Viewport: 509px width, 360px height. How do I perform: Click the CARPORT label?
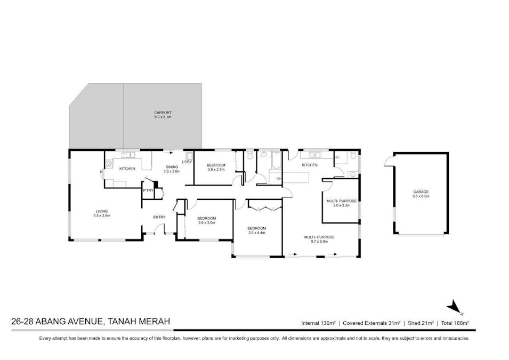[163, 113]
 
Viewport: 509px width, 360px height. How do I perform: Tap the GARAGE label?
[421, 192]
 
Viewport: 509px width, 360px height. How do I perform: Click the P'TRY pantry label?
[148, 190]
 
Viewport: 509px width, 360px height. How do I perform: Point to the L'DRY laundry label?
[187, 162]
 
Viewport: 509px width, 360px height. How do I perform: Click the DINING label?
[172, 167]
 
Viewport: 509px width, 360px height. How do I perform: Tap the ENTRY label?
[159, 217]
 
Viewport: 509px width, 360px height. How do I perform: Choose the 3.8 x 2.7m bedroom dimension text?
[216, 169]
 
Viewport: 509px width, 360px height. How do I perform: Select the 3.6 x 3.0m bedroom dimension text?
[206, 222]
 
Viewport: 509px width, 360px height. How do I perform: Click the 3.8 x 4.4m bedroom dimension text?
[256, 233]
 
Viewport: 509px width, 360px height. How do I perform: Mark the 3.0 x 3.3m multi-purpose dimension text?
[341, 205]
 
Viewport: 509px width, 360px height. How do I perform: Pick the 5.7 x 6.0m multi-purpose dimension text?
[319, 241]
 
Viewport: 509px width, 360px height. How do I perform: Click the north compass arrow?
[454, 306]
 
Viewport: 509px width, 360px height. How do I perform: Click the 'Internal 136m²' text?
[318, 323]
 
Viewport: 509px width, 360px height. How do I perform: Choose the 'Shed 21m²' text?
[419, 323]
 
